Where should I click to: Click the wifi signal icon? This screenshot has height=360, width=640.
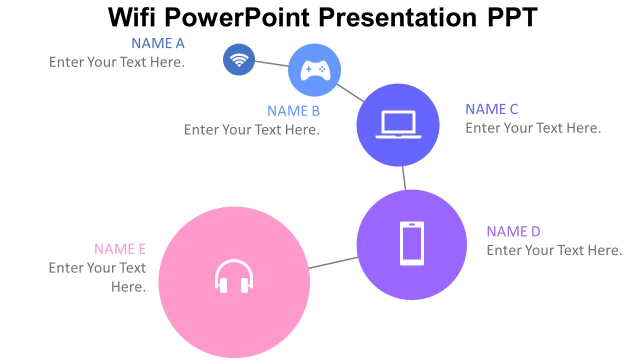(x=239, y=60)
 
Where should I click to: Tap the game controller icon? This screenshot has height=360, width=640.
(x=315, y=70)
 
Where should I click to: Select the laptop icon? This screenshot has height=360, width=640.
(x=398, y=124)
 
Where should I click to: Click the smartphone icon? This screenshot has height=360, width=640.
(x=411, y=243)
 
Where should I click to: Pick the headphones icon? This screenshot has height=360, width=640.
(x=234, y=276)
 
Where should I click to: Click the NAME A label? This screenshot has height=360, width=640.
(x=158, y=43)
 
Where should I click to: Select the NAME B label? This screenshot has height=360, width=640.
(x=293, y=111)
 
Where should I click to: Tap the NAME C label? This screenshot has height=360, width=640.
(x=491, y=109)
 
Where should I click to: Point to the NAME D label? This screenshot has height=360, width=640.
(x=513, y=231)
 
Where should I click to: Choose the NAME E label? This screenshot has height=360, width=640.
(x=120, y=249)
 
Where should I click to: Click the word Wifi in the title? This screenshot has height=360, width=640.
(x=131, y=17)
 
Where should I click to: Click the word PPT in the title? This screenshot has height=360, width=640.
(x=512, y=17)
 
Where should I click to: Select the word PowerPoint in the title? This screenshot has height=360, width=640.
(x=237, y=17)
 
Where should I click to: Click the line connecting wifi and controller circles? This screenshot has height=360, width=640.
(x=271, y=63)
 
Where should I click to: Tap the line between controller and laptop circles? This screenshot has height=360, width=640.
(x=350, y=93)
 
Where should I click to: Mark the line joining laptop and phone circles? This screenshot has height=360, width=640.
(x=404, y=178)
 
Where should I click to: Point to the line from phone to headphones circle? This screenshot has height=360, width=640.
(x=333, y=262)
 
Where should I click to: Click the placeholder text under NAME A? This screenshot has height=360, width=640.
(x=117, y=62)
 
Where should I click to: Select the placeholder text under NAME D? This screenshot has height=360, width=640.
(x=554, y=250)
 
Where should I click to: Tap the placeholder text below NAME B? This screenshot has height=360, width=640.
(x=251, y=129)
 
